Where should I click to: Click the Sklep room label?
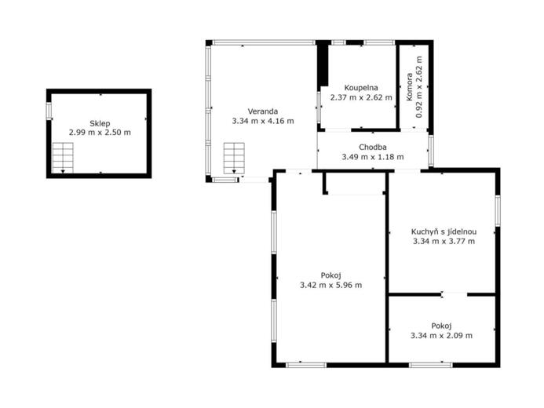100,123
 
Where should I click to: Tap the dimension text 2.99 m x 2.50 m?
100,133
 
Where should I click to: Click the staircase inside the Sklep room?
63,158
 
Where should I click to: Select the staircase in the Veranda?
234,158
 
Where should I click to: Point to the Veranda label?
263,111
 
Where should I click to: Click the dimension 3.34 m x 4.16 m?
263,121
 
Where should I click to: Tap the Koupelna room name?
361,88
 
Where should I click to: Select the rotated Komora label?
410,87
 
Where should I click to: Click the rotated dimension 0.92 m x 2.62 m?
419,87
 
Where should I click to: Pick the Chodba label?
373,148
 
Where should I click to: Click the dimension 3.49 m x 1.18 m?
373,157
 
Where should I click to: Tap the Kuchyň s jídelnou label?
444,232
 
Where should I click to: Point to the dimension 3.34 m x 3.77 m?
444,241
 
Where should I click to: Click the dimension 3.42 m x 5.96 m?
330,286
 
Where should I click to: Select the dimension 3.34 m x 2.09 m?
441,336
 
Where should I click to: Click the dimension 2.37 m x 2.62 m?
361,97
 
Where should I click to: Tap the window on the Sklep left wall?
49,111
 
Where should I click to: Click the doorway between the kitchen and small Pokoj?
455,295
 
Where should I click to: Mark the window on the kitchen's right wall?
498,211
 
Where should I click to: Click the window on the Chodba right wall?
430,151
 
